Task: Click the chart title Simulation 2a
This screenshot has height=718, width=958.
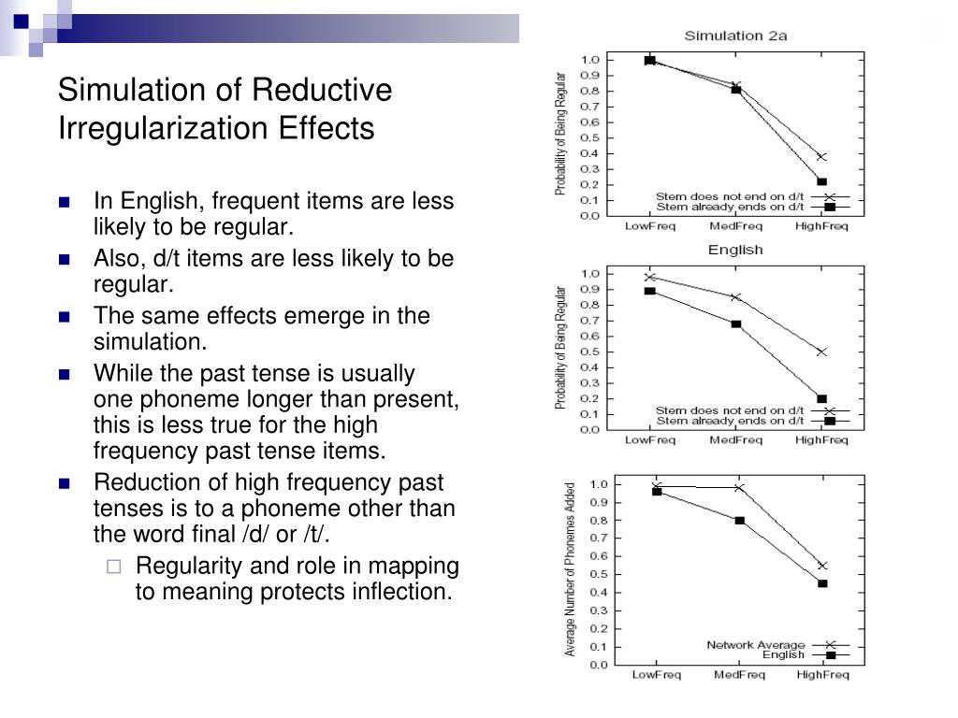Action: point(723,36)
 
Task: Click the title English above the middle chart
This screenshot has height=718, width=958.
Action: point(734,250)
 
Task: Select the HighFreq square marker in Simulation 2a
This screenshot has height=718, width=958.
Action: point(821,181)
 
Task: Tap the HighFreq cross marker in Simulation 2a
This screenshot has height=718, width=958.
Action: point(821,156)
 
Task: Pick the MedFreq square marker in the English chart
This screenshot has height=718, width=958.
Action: point(736,324)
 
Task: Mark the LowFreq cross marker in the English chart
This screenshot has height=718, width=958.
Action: point(650,277)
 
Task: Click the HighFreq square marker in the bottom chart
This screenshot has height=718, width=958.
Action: point(822,583)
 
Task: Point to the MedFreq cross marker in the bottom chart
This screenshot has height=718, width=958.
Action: point(739,487)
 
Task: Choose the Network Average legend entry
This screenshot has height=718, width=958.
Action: point(756,645)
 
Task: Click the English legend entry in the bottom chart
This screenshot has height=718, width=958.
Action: point(783,655)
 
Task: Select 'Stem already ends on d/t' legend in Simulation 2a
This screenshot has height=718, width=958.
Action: point(730,207)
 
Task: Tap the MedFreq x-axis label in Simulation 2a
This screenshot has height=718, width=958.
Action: point(735,226)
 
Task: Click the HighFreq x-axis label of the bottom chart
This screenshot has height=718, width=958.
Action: point(822,675)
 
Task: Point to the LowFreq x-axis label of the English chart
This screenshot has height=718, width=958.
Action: point(650,439)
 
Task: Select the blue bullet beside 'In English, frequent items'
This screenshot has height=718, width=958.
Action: point(65,202)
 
